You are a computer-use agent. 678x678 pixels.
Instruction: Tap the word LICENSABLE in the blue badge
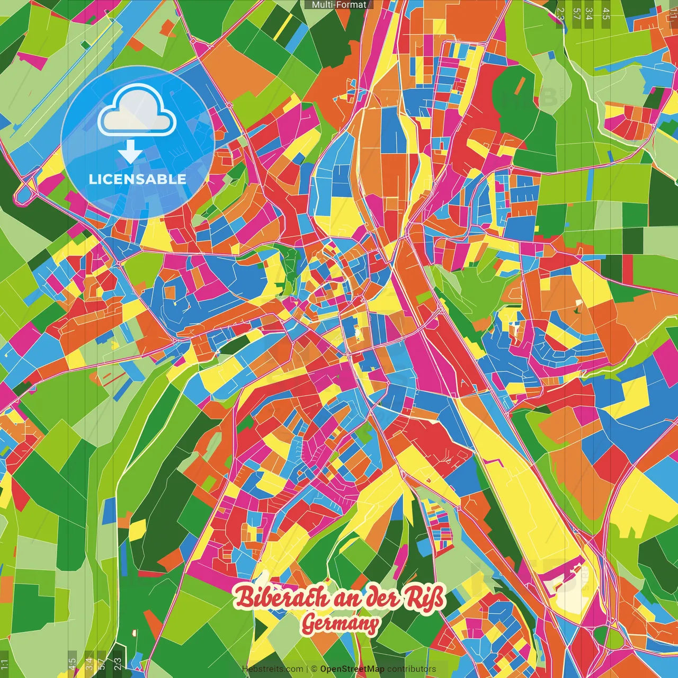coord(138,179)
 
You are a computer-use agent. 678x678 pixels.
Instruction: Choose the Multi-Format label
coord(339,5)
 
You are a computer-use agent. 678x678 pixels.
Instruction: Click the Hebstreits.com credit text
coord(272,669)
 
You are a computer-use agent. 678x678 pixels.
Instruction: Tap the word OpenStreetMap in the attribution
coord(352,669)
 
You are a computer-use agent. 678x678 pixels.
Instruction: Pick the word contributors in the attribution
coord(412,669)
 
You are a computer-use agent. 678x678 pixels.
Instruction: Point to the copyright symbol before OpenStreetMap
coord(314,669)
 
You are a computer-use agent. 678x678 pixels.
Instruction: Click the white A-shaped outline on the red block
coord(465,382)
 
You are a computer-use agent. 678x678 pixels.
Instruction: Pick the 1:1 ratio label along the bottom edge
coord(4,664)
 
